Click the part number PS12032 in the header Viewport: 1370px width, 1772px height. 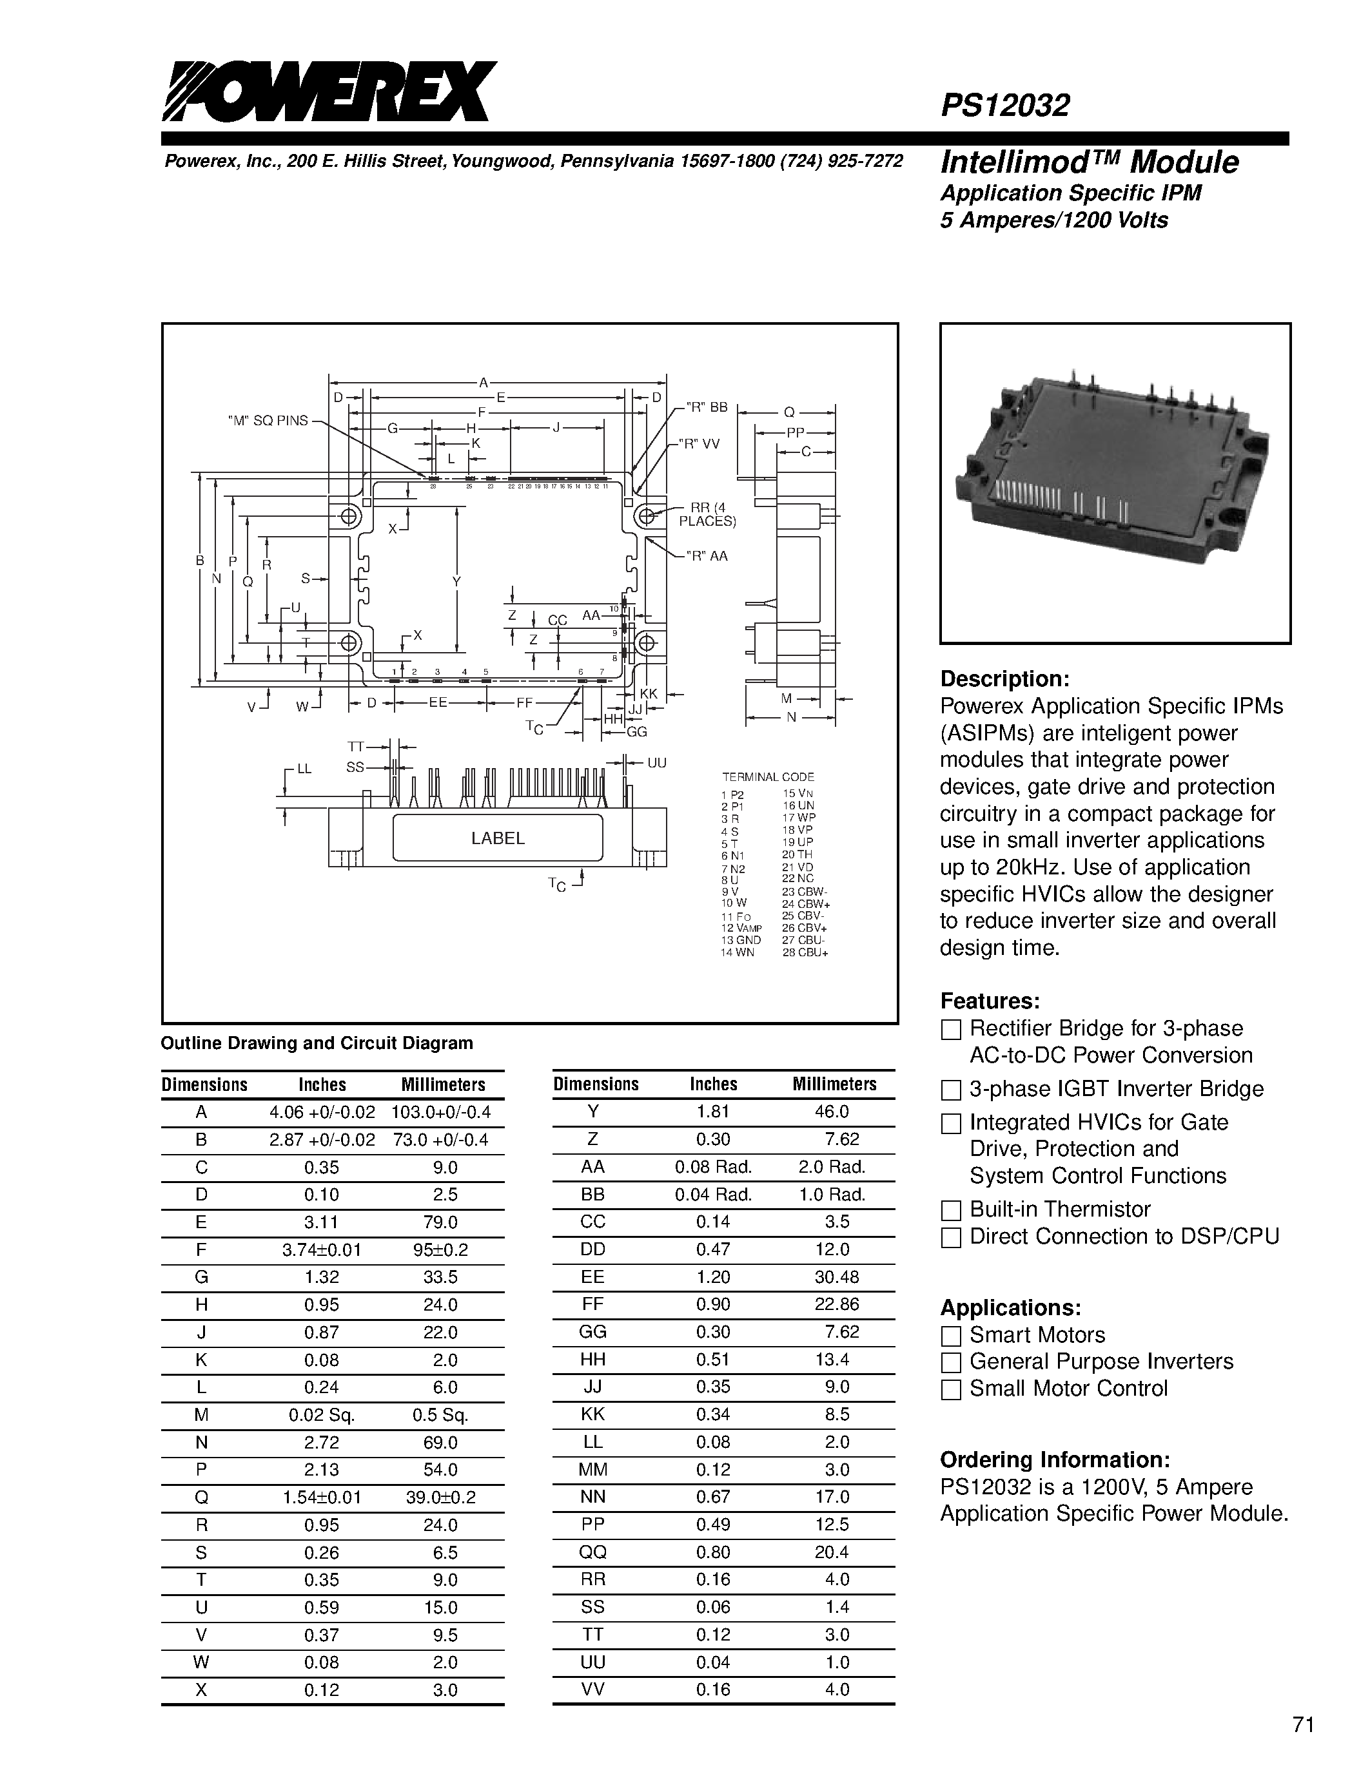[1005, 106]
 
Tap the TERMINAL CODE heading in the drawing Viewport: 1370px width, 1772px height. [768, 776]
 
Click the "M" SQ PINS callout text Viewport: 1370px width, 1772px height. [268, 420]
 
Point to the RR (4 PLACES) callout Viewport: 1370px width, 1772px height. [707, 514]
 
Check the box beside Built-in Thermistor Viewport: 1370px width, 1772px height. [950, 1211]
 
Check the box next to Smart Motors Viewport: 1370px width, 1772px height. [950, 1336]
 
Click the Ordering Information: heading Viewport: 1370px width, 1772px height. [1054, 1459]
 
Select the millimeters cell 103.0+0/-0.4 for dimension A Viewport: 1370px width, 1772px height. [441, 1112]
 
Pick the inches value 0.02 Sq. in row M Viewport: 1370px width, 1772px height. [322, 1415]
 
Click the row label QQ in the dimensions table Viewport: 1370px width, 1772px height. [592, 1552]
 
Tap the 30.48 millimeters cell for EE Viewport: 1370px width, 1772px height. [836, 1277]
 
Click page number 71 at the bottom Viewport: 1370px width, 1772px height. [1303, 1725]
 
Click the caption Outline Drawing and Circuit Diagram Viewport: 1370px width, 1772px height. [317, 1043]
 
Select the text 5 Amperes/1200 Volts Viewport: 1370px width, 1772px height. [1053, 220]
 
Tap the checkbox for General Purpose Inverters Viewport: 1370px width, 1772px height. [950, 1362]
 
